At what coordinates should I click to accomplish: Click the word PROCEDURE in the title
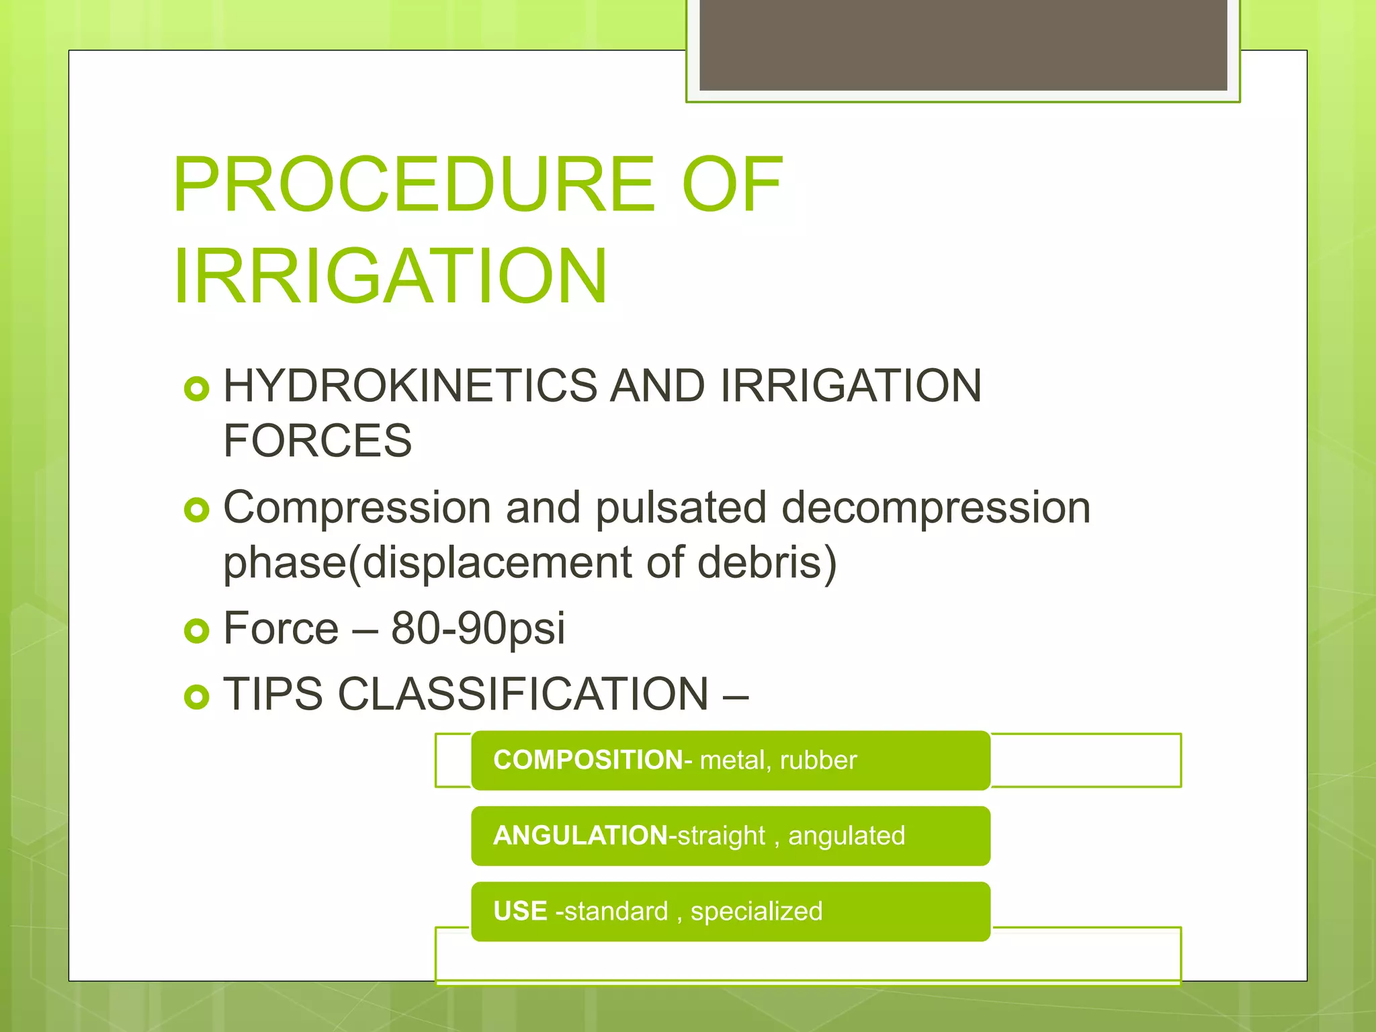click(x=413, y=184)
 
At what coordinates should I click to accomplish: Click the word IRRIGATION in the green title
click(x=390, y=276)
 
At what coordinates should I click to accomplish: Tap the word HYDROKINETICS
click(x=410, y=386)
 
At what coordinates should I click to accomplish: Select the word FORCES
click(x=317, y=441)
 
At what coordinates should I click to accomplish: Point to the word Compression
click(x=357, y=508)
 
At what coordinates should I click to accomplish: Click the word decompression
click(x=936, y=508)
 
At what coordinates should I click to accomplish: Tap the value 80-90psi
click(x=478, y=629)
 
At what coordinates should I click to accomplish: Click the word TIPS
click(x=273, y=694)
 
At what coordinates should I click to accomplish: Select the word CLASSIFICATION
click(x=523, y=694)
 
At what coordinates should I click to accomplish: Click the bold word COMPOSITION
click(x=587, y=760)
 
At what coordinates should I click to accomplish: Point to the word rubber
click(x=818, y=761)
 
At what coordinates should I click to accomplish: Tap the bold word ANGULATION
click(x=580, y=836)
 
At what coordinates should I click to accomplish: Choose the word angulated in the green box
click(x=847, y=836)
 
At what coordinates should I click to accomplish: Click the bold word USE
click(x=520, y=912)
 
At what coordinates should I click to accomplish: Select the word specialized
click(x=757, y=912)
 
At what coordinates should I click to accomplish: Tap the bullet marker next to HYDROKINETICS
click(x=196, y=388)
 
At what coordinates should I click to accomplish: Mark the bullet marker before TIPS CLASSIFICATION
click(x=196, y=697)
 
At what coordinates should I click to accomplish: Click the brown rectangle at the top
click(x=963, y=44)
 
